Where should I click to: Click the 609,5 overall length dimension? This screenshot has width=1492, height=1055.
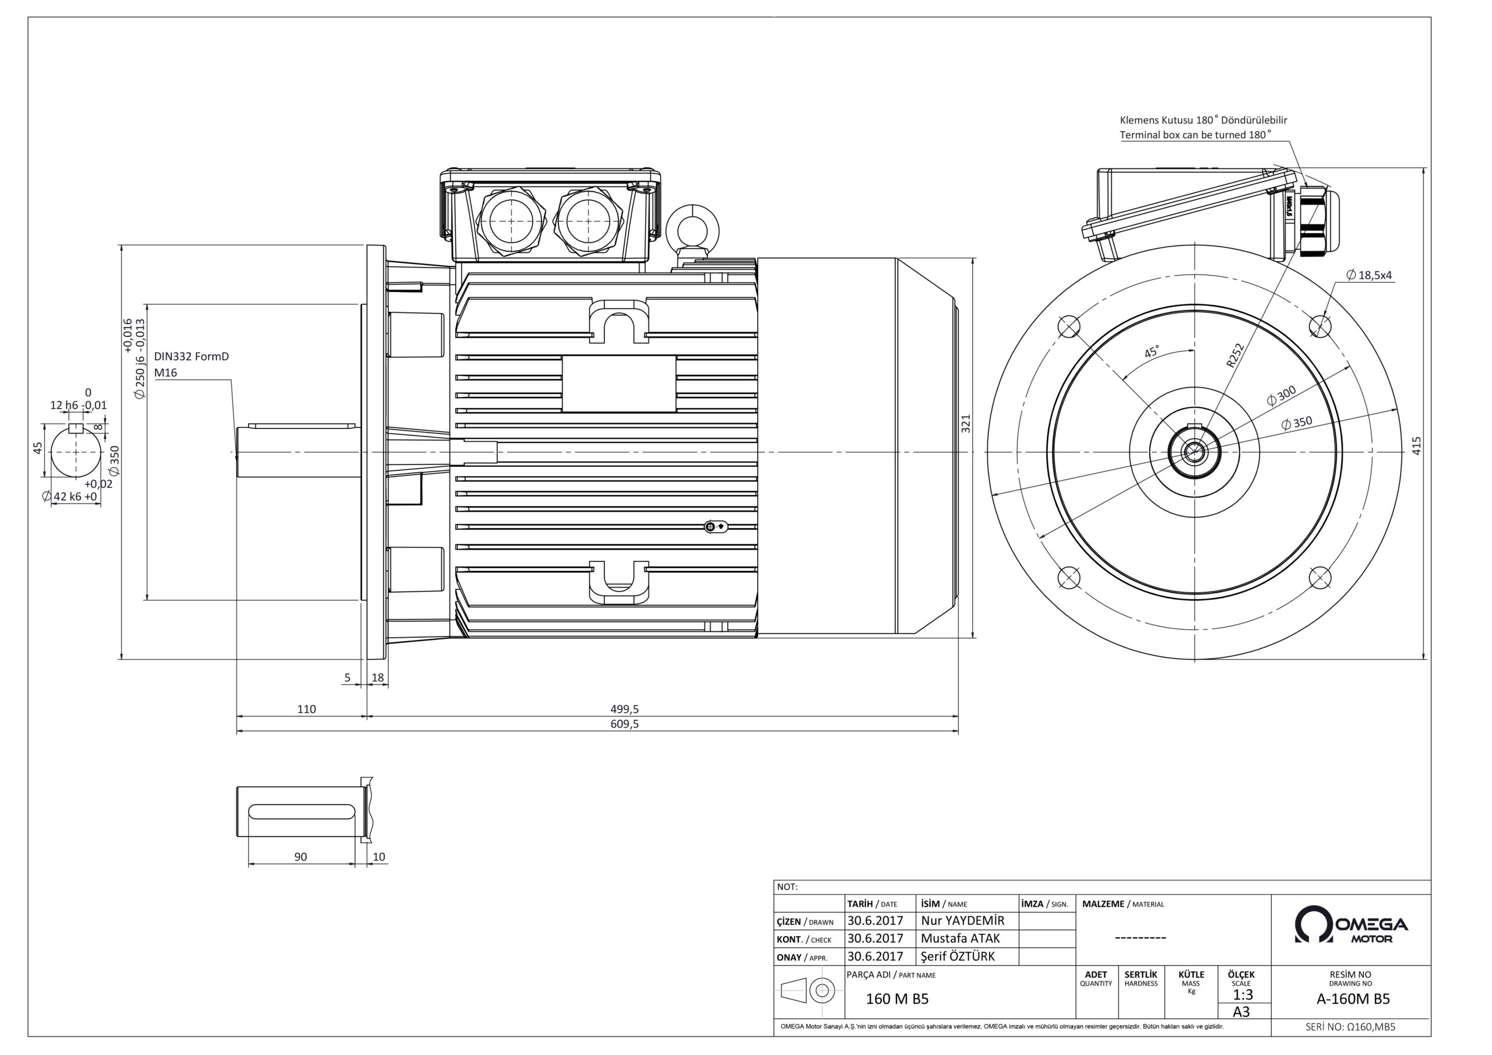click(x=624, y=724)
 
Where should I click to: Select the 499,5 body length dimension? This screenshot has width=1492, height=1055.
click(x=624, y=709)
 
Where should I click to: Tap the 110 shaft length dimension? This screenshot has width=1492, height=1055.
click(x=306, y=709)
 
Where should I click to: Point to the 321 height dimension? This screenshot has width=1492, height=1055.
click(x=966, y=424)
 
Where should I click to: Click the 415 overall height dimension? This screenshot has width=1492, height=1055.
click(x=1417, y=445)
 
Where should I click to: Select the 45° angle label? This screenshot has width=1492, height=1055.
click(x=1152, y=351)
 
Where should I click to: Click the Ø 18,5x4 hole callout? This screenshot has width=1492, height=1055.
click(x=1370, y=275)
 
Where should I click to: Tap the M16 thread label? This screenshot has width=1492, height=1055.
click(x=166, y=373)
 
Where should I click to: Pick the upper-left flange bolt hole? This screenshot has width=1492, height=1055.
click(x=1069, y=326)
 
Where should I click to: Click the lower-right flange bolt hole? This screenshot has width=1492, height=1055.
click(x=1321, y=576)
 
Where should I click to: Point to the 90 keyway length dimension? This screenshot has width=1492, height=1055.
click(x=300, y=857)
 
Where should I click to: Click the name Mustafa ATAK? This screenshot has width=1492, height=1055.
click(x=960, y=938)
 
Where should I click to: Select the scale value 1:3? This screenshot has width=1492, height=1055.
click(x=1242, y=994)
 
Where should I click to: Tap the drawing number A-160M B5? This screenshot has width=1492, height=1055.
click(x=1353, y=999)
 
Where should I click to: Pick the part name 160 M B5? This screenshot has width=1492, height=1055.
click(x=897, y=999)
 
